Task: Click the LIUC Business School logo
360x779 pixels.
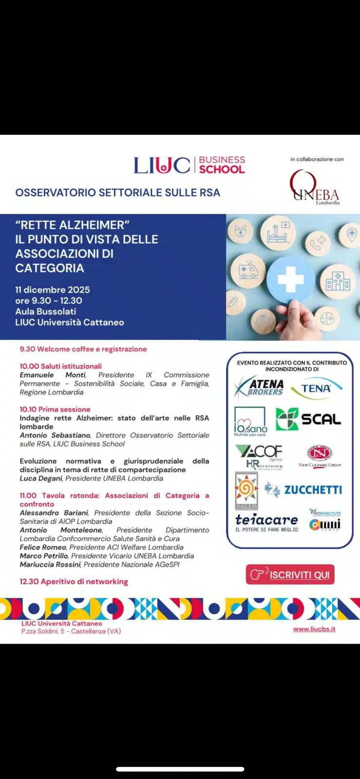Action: (x=189, y=165)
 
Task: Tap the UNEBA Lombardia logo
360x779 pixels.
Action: (x=314, y=187)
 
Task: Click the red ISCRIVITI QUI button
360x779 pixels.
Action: (x=290, y=575)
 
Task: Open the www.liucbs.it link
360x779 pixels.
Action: (x=314, y=629)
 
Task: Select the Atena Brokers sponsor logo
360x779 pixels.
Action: (x=259, y=388)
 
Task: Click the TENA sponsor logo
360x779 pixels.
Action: (x=316, y=388)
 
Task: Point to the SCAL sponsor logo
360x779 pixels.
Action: (x=308, y=419)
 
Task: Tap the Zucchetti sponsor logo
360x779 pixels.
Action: (x=303, y=489)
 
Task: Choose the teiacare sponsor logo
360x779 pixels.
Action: (x=266, y=522)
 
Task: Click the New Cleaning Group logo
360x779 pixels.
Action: (x=320, y=456)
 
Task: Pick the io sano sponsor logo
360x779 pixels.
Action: (x=250, y=422)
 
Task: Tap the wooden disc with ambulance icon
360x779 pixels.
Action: (x=248, y=271)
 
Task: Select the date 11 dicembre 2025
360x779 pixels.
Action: (x=53, y=290)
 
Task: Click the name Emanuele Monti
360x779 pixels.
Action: (x=53, y=375)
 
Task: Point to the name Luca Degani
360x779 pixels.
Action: (x=41, y=479)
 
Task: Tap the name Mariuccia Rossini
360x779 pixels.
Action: (x=50, y=565)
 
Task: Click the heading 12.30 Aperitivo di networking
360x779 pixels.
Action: (x=74, y=581)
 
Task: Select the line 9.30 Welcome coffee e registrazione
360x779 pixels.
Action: (x=83, y=349)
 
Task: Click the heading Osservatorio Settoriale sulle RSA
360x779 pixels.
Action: (x=117, y=192)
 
